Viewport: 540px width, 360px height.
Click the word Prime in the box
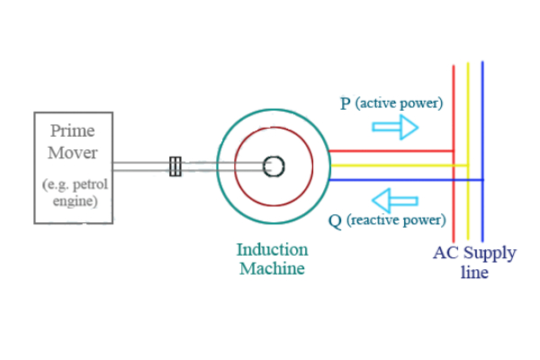pos(73,131)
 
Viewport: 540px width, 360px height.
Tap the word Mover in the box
pos(73,152)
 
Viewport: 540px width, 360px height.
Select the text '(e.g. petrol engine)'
pos(74,193)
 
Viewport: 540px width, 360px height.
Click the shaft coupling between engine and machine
pos(175,166)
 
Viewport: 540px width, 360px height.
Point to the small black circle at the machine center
pos(274,166)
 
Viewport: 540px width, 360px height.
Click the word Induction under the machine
pos(272,249)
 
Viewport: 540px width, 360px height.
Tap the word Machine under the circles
pos(272,268)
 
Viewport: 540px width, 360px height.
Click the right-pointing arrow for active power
pos(396,127)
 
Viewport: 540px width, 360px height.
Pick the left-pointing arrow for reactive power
pos(396,198)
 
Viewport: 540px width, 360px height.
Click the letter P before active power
pos(346,104)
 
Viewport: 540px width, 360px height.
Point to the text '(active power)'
pos(399,103)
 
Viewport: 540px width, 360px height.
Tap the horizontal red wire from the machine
pos(387,150)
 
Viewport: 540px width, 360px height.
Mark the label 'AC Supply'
pos(474,252)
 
